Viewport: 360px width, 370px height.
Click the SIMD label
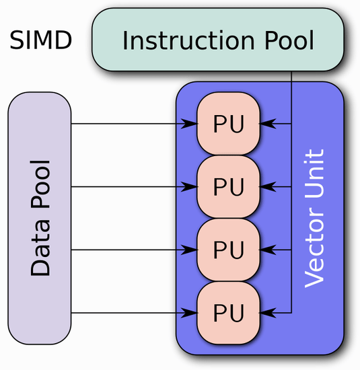click(40, 41)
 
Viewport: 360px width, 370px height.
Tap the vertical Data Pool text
click(40, 218)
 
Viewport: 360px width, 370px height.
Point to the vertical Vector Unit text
click(314, 218)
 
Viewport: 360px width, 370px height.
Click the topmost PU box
click(228, 124)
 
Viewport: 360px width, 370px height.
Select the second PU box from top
click(228, 186)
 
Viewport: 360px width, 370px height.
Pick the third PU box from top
click(228, 250)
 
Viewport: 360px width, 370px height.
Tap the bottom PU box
click(228, 312)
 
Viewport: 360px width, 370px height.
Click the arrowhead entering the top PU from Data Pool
click(190, 124)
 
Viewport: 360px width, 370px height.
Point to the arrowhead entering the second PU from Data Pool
click(190, 186)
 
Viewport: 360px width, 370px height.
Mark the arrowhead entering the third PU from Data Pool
click(190, 250)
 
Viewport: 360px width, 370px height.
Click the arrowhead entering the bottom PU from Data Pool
click(190, 312)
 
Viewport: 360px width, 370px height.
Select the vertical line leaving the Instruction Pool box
click(291, 94)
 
